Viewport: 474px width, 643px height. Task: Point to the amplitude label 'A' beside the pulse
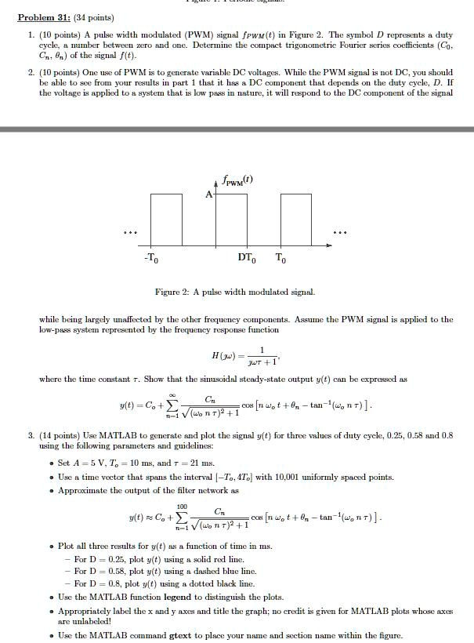point(209,194)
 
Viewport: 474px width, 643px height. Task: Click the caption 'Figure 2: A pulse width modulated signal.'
point(235,292)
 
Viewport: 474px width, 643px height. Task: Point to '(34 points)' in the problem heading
point(93,17)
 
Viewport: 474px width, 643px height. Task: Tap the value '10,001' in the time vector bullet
point(288,477)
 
